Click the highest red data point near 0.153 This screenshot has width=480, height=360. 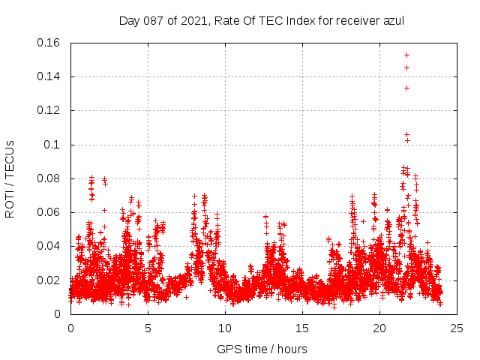tap(406, 55)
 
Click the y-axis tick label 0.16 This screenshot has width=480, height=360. tap(49, 43)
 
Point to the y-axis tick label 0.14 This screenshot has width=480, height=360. tap(49, 76)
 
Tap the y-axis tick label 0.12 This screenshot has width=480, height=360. tap(49, 110)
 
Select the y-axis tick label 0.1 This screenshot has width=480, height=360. tap(54, 145)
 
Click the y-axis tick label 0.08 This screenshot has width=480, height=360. tap(49, 178)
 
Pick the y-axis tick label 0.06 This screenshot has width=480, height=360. tap(49, 212)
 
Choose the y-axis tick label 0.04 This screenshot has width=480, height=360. tap(49, 246)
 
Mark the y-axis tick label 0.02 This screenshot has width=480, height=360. tap(49, 280)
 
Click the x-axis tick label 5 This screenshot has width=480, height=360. tap(148, 328)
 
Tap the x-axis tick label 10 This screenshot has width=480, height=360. tap(225, 328)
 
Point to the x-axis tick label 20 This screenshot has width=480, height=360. tap(379, 328)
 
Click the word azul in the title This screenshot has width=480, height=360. tap(393, 20)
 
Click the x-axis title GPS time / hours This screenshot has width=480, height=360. tap(262, 349)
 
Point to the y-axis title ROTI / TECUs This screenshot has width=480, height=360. tap(10, 178)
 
